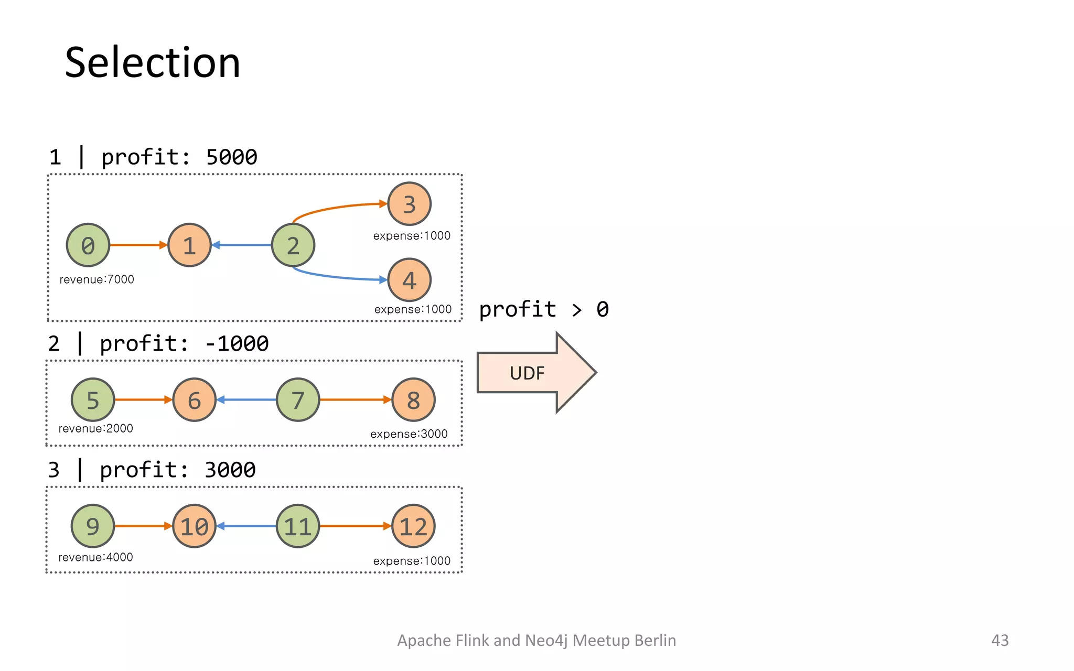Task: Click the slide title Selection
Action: click(x=152, y=62)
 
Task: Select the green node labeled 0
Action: click(x=88, y=245)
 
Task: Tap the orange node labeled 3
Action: click(x=409, y=204)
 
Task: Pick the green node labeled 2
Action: click(x=293, y=245)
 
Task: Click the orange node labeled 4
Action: click(x=409, y=280)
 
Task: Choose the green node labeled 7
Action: click(x=298, y=400)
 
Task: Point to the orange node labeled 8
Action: click(x=413, y=400)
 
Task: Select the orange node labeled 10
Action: click(x=194, y=526)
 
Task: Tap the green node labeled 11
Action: click(x=298, y=526)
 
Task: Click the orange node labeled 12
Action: click(x=413, y=526)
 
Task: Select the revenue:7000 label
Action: click(x=96, y=279)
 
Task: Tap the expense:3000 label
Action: click(x=409, y=434)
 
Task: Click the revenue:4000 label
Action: click(x=95, y=557)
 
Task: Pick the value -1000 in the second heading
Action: click(x=237, y=344)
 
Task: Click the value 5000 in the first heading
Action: click(x=232, y=157)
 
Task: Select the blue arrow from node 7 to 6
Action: click(x=246, y=400)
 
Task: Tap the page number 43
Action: click(x=1000, y=640)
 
